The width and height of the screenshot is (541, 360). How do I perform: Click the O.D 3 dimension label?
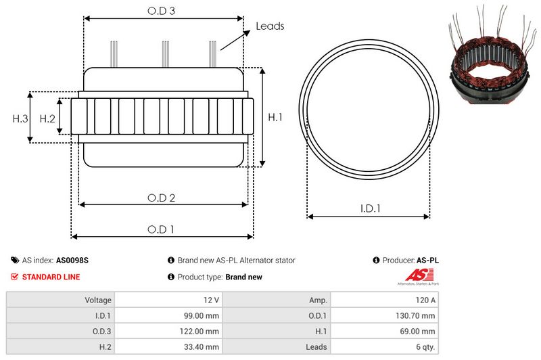coord(162,11)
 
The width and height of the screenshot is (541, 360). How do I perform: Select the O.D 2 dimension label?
coord(162,198)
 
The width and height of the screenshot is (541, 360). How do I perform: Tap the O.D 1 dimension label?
coord(161,229)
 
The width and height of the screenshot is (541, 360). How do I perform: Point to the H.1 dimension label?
coord(275,118)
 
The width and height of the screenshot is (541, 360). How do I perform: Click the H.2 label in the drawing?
coord(47,118)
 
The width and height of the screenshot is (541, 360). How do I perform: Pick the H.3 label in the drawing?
coord(20,118)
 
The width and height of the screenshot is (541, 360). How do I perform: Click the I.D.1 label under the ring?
coord(369,209)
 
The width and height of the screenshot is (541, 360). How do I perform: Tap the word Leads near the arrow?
coord(270,26)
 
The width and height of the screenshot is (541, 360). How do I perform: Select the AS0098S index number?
coord(72,260)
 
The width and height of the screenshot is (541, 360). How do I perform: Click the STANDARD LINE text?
coord(51,277)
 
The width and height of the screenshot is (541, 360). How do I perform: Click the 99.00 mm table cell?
coord(202,315)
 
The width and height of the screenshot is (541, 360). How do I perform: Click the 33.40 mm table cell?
coord(202,346)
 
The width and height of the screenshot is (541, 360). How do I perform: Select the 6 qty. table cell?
coord(423,346)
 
